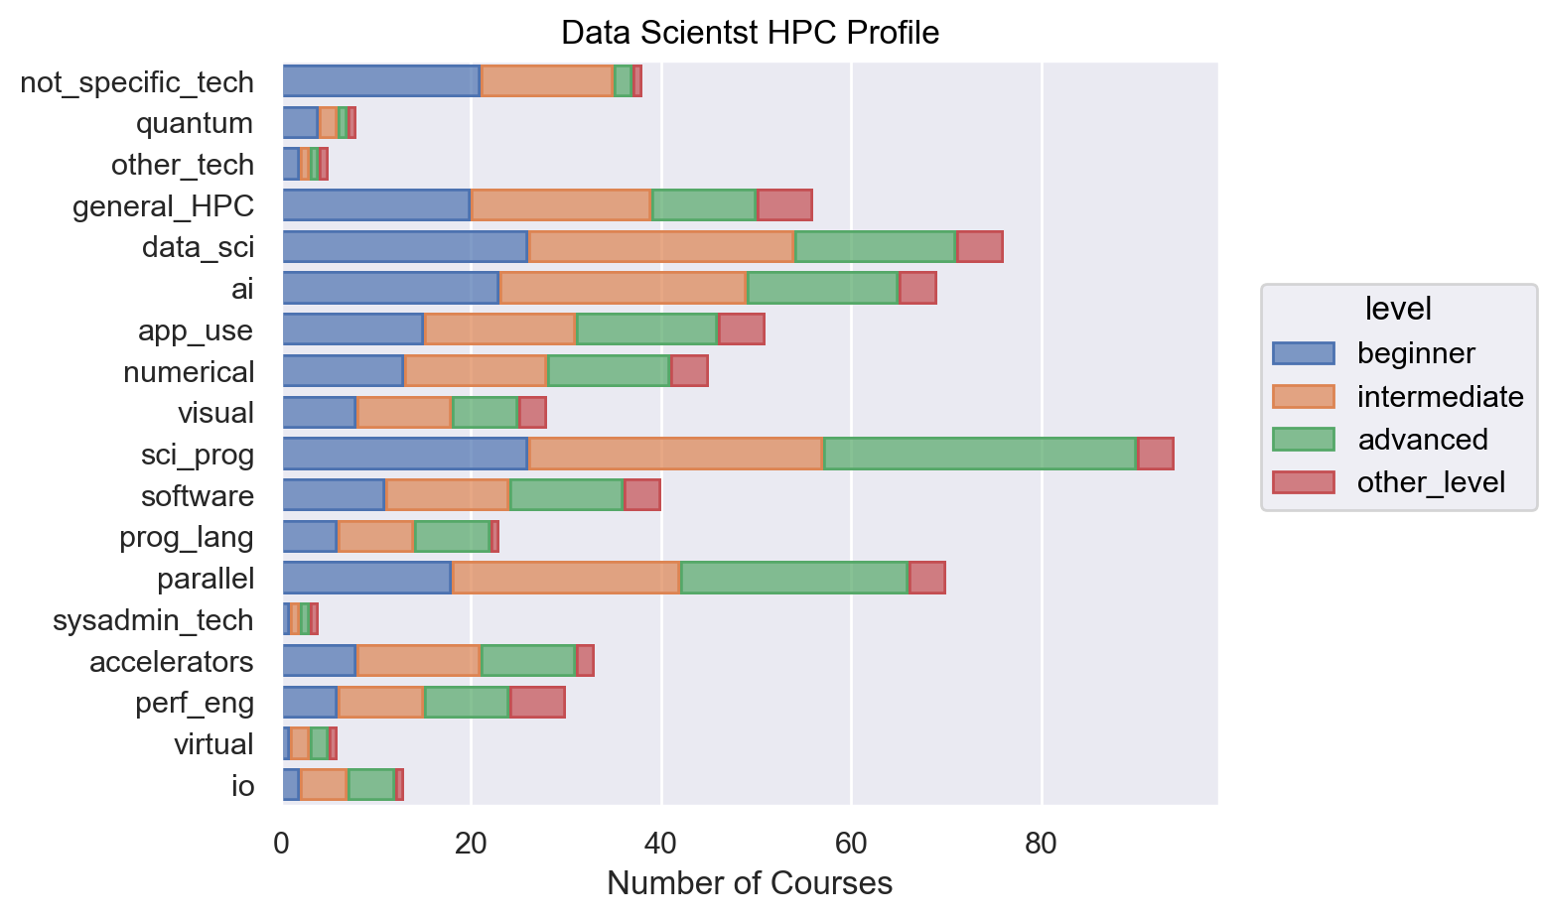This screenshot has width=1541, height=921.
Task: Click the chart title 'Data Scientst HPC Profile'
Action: click(x=750, y=33)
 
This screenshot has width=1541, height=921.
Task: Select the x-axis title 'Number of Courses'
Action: click(x=750, y=882)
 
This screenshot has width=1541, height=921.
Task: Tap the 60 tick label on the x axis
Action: click(x=851, y=845)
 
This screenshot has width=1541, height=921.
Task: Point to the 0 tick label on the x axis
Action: click(x=282, y=845)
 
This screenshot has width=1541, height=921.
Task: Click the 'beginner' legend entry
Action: click(x=1416, y=353)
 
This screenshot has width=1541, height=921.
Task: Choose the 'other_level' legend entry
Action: click(x=1431, y=482)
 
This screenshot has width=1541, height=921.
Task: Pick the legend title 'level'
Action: click(x=1398, y=309)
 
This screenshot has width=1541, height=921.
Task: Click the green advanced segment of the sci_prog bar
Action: click(x=980, y=454)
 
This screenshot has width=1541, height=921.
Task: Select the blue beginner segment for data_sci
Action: click(x=405, y=246)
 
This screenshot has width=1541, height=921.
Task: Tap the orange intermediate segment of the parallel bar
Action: click(x=566, y=578)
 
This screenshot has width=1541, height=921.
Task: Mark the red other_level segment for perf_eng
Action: click(x=537, y=702)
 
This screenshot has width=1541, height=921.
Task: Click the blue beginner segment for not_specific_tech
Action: click(x=381, y=81)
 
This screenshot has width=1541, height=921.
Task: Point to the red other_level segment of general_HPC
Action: click(x=784, y=205)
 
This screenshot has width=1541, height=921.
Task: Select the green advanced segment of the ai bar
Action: click(x=822, y=288)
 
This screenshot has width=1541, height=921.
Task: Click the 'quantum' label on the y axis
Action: click(x=195, y=123)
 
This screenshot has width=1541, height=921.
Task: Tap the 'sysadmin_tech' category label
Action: click(x=153, y=620)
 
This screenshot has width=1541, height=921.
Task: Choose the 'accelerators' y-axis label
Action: click(x=172, y=661)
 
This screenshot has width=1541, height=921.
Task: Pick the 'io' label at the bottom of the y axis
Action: click(x=243, y=786)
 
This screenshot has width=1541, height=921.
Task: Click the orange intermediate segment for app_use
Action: click(x=499, y=329)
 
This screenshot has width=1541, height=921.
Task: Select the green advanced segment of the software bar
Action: click(x=566, y=495)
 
